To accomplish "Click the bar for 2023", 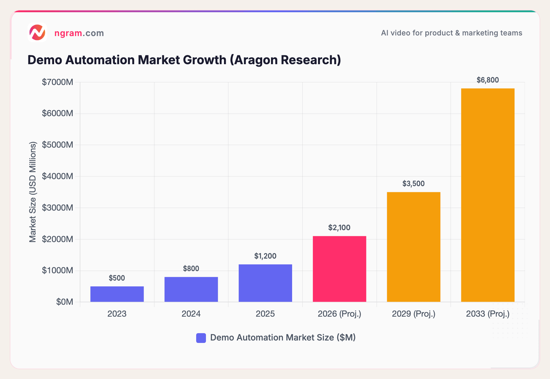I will (x=117, y=294).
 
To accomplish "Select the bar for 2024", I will (x=191, y=289).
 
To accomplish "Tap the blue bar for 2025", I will (x=265, y=283).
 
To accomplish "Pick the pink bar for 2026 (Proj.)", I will (x=339, y=269).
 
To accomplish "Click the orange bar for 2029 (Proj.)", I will (x=413, y=247).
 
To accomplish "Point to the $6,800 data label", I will (x=488, y=80).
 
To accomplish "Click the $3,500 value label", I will (x=413, y=184).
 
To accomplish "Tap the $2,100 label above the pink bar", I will (x=339, y=228).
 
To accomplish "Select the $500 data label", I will (x=117, y=278).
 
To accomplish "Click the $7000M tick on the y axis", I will (x=57, y=82).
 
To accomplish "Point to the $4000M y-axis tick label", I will (x=57, y=176).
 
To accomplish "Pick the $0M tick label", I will (x=64, y=302).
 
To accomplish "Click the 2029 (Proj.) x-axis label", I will (x=413, y=314).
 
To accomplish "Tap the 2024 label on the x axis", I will (x=191, y=314).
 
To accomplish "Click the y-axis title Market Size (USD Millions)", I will (x=33, y=192).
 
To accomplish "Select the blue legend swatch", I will (x=201, y=338).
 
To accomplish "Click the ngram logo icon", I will (x=37, y=32).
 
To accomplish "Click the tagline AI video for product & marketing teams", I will (x=451, y=33).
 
